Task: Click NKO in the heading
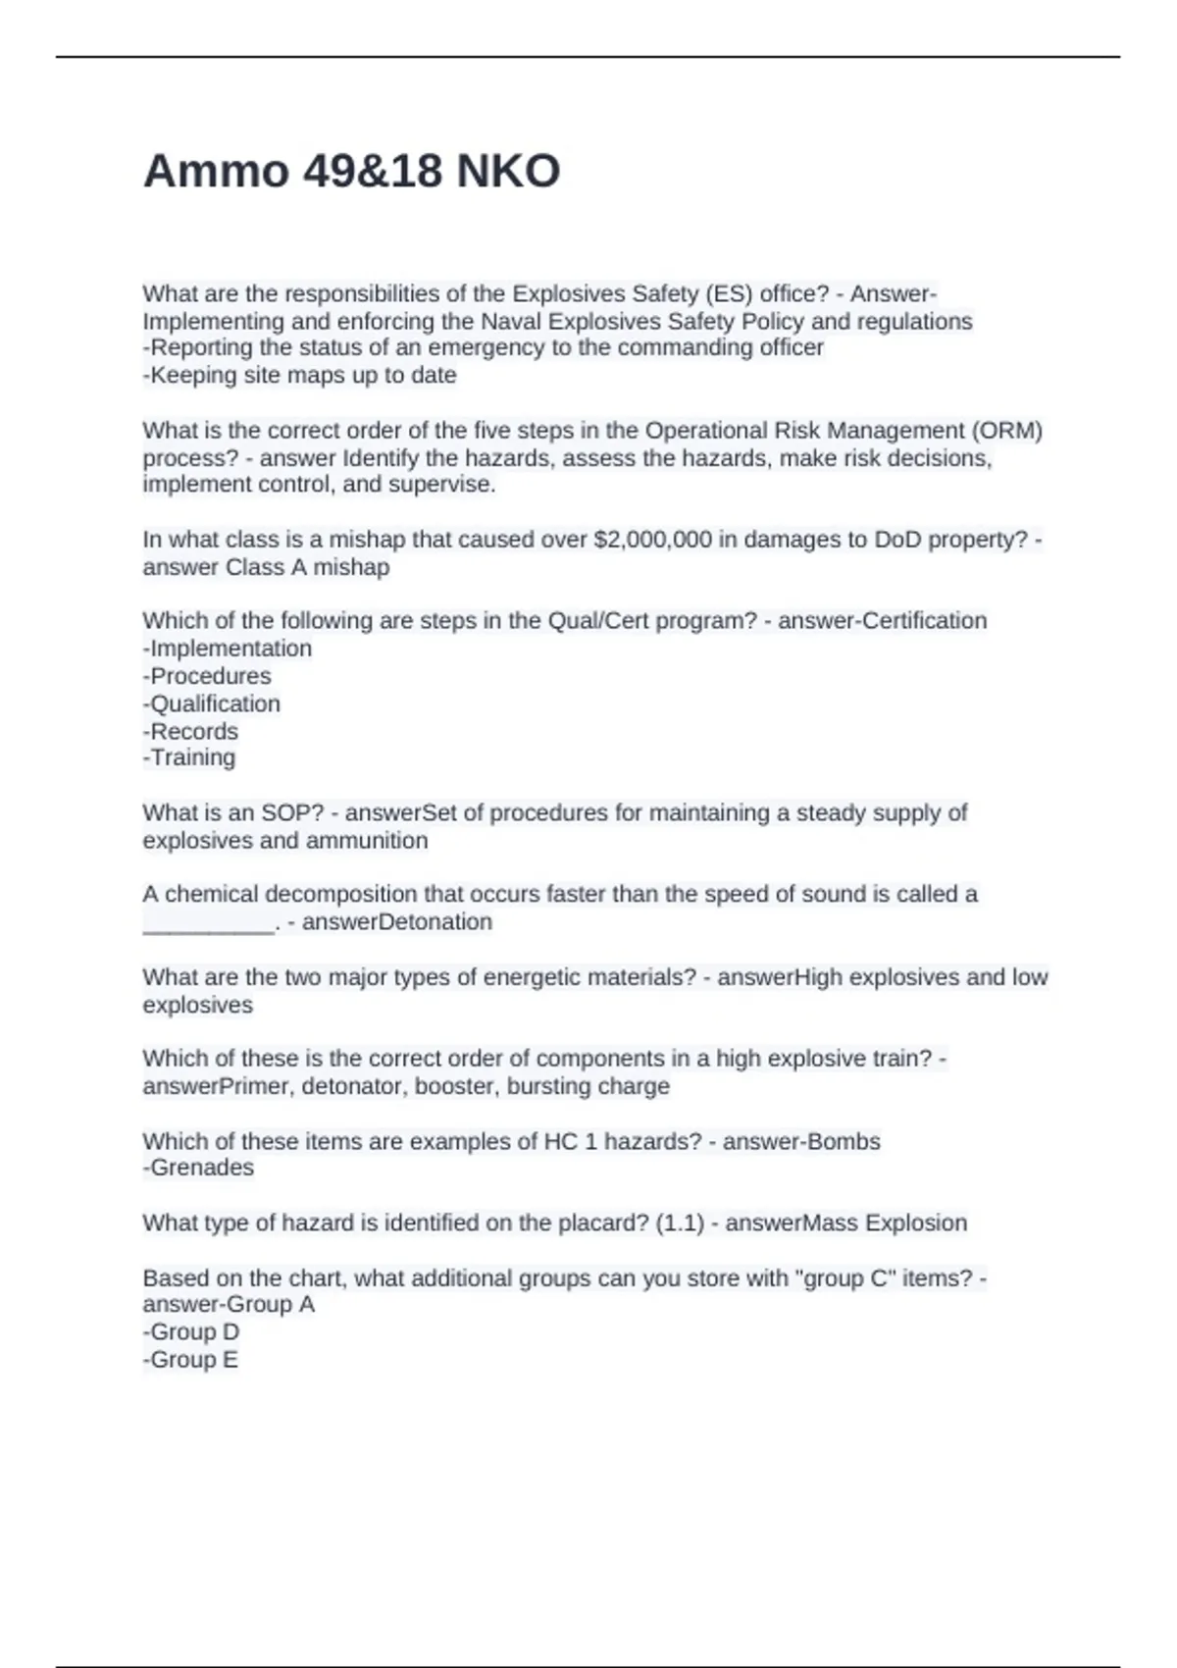pyautogui.click(x=508, y=172)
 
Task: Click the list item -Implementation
pyautogui.click(x=228, y=649)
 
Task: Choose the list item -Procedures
pyautogui.click(x=207, y=676)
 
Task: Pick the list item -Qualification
pyautogui.click(x=212, y=704)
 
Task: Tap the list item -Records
pyautogui.click(x=190, y=731)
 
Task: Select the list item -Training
pyautogui.click(x=189, y=757)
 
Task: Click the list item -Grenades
pyautogui.click(x=198, y=1168)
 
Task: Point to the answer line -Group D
pyautogui.click(x=191, y=1332)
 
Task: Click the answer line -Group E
pyautogui.click(x=190, y=1360)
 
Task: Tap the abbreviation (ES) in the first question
pyautogui.click(x=728, y=294)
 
